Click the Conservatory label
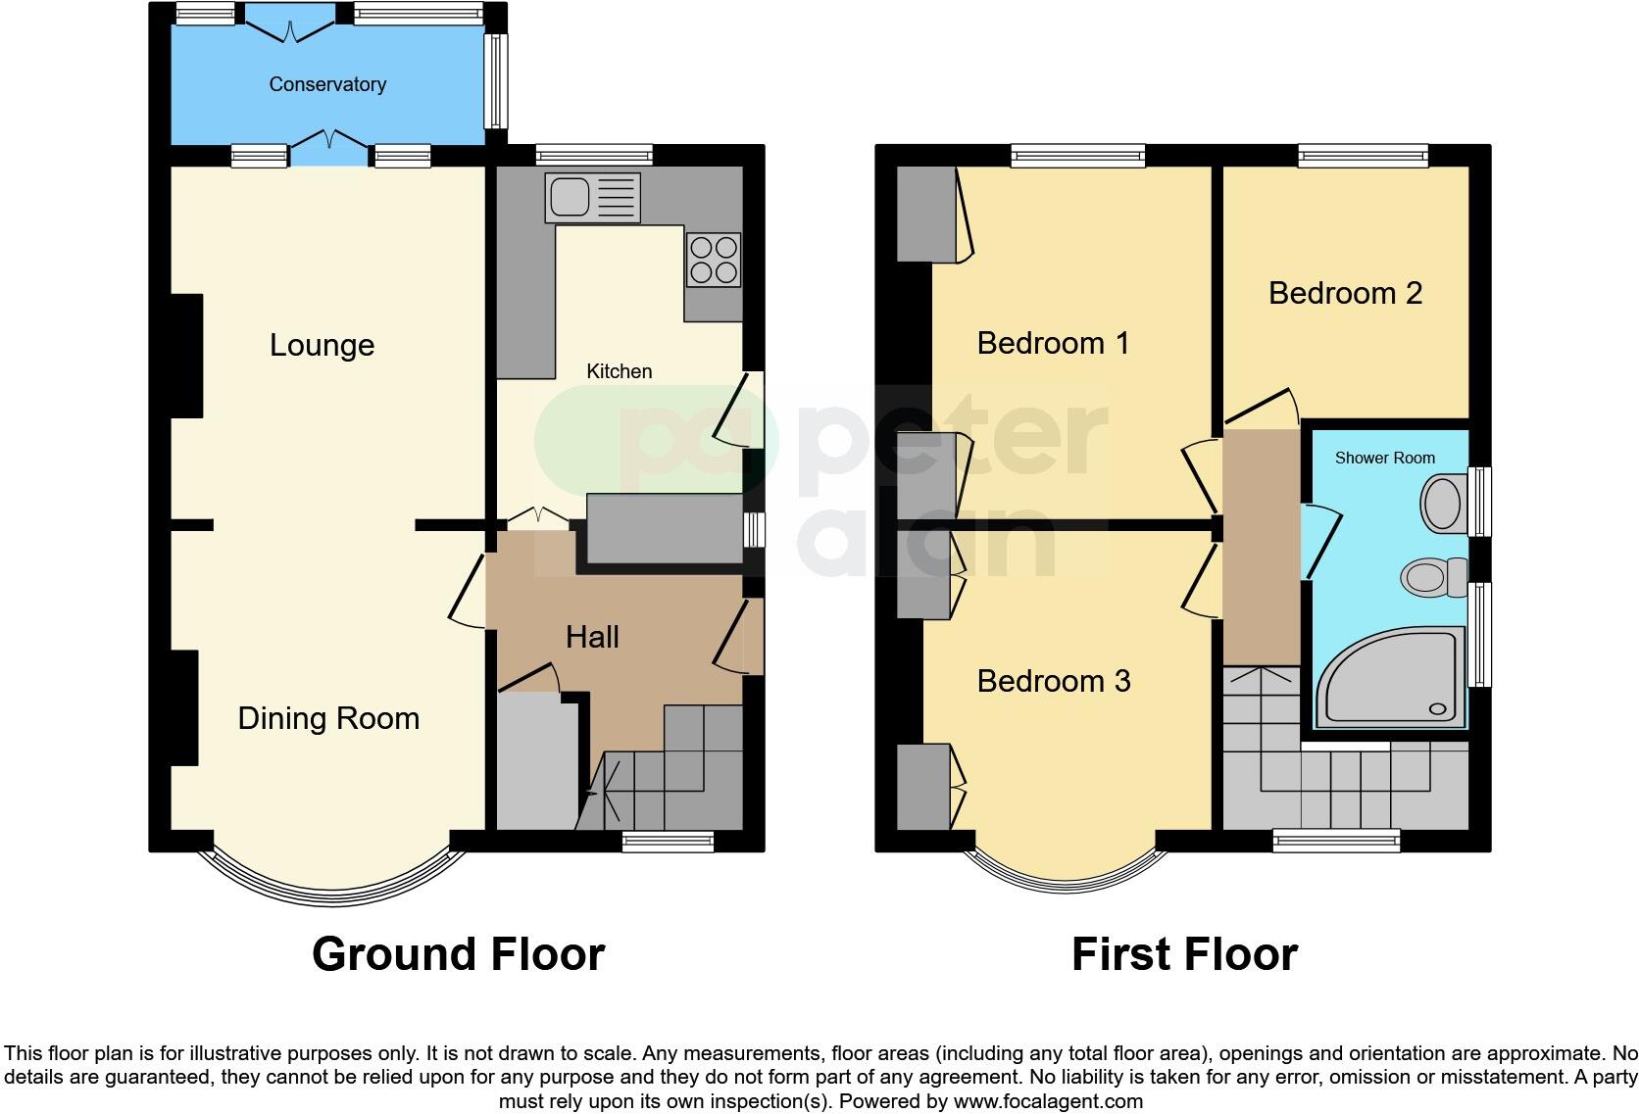pos(327,84)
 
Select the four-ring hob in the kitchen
pos(713,260)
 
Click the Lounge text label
pos(322,345)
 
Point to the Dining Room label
pos(328,718)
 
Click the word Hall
pos(592,637)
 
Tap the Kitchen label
pos(619,371)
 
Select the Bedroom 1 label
pos(1053,343)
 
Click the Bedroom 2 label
pos(1345,293)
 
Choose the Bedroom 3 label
pos(1054,681)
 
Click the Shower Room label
pos(1384,458)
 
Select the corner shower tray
pos(1392,678)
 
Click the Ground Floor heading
pos(458,953)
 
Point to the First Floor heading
pos(1184,953)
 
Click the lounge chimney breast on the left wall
pos(186,356)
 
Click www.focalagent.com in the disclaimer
pos(1048,1101)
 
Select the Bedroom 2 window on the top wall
pos(1363,155)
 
